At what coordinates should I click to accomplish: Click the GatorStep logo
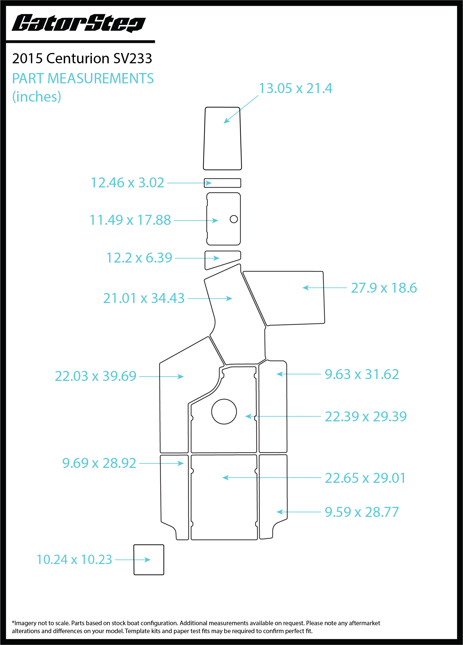pos(79,23)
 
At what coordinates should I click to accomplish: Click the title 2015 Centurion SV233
pos(82,58)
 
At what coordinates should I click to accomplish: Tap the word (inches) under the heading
pos(37,97)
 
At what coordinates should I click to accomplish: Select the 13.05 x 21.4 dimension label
pos(295,89)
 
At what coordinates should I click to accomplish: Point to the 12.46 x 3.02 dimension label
pos(127,183)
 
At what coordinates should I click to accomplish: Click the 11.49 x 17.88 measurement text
pos(130,220)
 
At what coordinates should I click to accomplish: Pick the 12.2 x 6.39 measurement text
pos(139,258)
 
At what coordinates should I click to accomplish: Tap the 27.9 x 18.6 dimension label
pos(384,288)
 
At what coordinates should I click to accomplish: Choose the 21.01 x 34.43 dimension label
pos(144,298)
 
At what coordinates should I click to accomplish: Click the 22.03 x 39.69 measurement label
pos(96,376)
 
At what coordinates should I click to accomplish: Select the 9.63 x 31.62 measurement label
pos(362,374)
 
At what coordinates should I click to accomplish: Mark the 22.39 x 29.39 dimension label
pos(366,417)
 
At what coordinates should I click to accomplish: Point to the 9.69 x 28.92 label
pos(99,463)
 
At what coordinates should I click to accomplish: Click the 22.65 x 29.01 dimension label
pos(365,478)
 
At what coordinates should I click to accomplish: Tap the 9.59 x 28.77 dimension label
pos(362,512)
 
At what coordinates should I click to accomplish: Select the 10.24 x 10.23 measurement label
pos(75,560)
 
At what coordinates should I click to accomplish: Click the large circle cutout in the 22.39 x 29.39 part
pos(224,399)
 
